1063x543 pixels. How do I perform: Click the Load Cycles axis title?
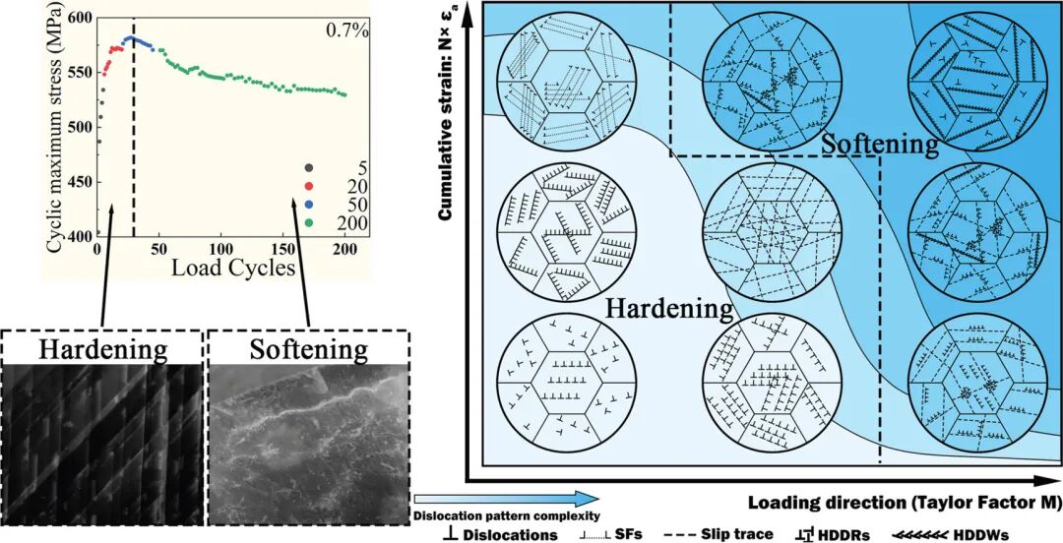(x=233, y=267)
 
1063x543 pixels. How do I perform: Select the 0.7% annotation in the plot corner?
(x=346, y=30)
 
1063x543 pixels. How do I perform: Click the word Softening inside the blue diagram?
(x=880, y=145)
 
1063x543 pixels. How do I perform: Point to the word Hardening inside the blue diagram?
(x=668, y=308)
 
